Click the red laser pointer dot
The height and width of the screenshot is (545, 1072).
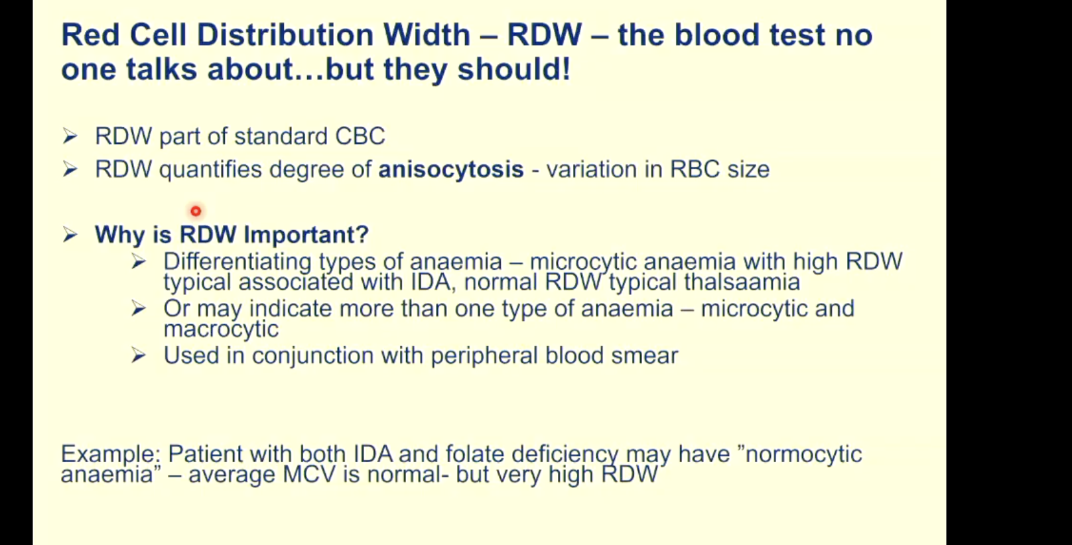click(x=196, y=211)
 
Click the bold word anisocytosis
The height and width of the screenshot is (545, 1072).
click(x=451, y=169)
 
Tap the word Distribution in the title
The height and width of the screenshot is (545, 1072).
click(x=285, y=35)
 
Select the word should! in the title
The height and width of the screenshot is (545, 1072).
click(x=513, y=70)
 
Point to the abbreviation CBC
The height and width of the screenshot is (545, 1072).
click(x=360, y=137)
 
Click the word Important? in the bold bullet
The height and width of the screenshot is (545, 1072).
click(x=306, y=235)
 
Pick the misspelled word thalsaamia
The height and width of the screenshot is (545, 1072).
click(x=742, y=281)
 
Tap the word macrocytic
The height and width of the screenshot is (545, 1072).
click(x=221, y=329)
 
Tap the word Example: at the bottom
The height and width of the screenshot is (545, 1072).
click(x=112, y=454)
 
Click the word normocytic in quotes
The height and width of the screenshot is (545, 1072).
click(x=804, y=454)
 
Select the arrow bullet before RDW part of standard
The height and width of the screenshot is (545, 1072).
click(x=70, y=137)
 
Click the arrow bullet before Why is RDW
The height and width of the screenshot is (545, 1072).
click(x=70, y=235)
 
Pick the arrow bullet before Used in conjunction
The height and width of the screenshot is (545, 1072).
click(x=138, y=355)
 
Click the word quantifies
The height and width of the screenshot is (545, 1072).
click(x=210, y=170)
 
